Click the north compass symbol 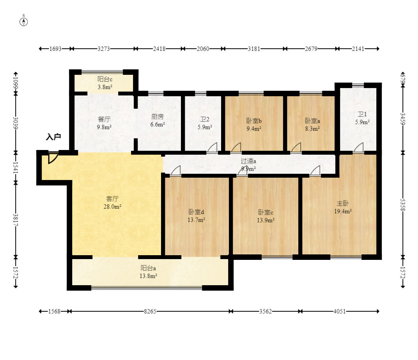click(24, 21)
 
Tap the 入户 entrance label click(53, 137)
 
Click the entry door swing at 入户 click(53, 158)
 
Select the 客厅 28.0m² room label click(112, 202)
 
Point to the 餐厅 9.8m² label click(104, 123)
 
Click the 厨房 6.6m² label click(158, 120)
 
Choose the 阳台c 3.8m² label click(105, 83)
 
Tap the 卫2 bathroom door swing click(213, 148)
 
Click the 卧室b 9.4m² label click(254, 125)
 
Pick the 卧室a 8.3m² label click(312, 125)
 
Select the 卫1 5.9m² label click(362, 118)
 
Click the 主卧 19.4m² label click(343, 207)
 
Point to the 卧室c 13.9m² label click(266, 216)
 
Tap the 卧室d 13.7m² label click(196, 216)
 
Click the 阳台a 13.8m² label click(148, 272)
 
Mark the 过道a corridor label click(248, 161)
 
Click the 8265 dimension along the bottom click(150, 311)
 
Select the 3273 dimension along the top click(104, 49)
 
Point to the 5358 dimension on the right click(403, 205)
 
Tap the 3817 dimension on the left click(16, 220)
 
